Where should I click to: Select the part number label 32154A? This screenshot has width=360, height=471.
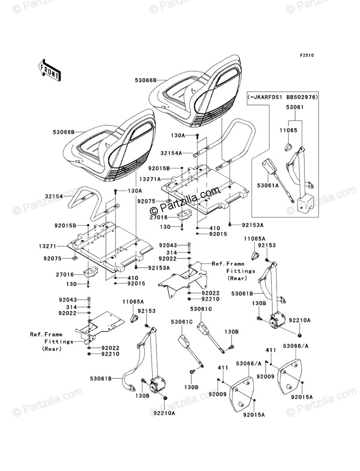(x=171, y=153)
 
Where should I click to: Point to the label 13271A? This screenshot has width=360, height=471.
(x=150, y=179)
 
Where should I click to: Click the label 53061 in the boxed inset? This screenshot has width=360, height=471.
(x=294, y=107)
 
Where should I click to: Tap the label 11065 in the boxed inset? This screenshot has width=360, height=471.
(x=288, y=130)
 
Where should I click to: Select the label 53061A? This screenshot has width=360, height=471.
(x=267, y=186)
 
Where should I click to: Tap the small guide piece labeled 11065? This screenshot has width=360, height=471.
(x=288, y=146)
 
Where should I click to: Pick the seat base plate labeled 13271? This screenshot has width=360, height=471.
(x=111, y=245)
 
